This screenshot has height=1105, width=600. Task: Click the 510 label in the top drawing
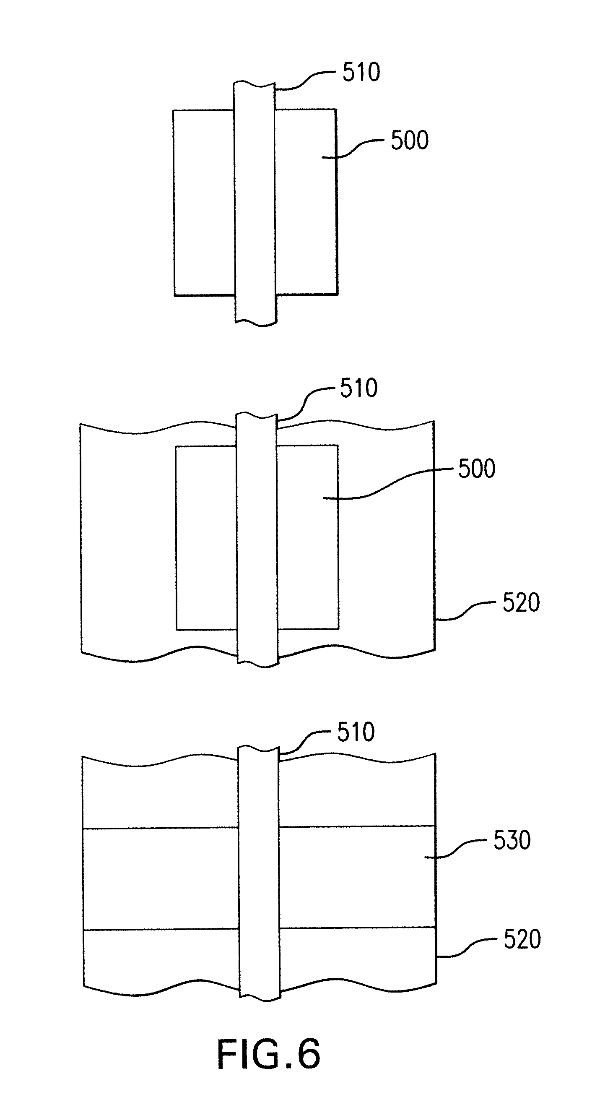pos(361,72)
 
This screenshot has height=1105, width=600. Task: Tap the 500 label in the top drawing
pos(410,141)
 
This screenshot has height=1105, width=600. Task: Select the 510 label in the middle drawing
pos(359,388)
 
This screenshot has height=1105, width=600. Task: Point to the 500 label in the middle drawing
pos(476,469)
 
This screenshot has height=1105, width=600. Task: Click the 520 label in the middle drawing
pos(521,603)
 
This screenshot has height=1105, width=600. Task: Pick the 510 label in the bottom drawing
pos(356,732)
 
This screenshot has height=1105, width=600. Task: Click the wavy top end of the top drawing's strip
pos(254,83)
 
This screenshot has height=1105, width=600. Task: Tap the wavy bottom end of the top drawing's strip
pos(255,323)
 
